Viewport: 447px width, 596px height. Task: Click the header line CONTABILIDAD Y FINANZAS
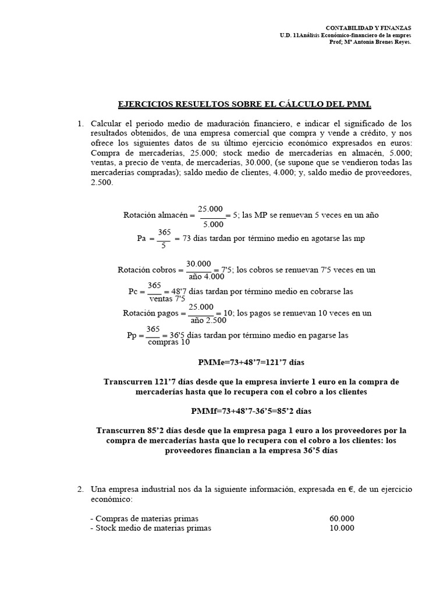click(x=368, y=27)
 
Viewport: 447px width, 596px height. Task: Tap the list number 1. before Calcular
click(x=81, y=123)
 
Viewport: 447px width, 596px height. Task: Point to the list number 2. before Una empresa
click(x=81, y=489)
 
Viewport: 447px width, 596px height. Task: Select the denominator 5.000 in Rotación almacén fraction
click(x=212, y=223)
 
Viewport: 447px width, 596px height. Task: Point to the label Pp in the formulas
click(x=132, y=335)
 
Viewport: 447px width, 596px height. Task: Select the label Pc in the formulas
click(x=133, y=291)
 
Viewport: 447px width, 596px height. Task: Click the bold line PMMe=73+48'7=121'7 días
click(x=251, y=362)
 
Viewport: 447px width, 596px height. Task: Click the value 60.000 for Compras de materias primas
click(x=341, y=519)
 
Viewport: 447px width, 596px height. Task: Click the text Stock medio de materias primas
click(x=151, y=528)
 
